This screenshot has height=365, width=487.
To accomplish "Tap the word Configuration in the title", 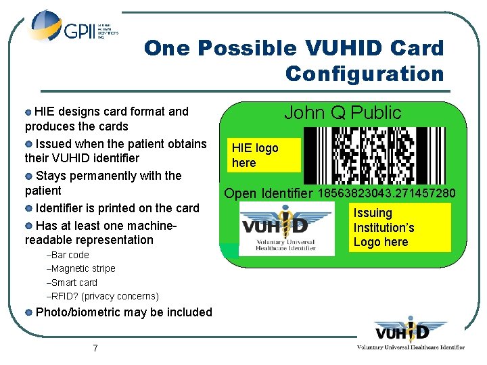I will [365, 73].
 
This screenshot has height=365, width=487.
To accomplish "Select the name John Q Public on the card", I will [342, 112].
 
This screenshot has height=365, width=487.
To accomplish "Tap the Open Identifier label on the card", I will [268, 194].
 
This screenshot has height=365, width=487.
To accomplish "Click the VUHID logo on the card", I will [287, 230].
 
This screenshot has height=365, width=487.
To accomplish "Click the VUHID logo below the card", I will [411, 335].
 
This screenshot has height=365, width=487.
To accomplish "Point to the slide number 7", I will [95, 348].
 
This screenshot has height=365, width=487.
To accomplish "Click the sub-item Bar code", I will [70, 255].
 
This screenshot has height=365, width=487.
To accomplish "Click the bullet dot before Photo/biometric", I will [28, 312].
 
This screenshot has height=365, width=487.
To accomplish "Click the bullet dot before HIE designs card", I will [28, 111].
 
